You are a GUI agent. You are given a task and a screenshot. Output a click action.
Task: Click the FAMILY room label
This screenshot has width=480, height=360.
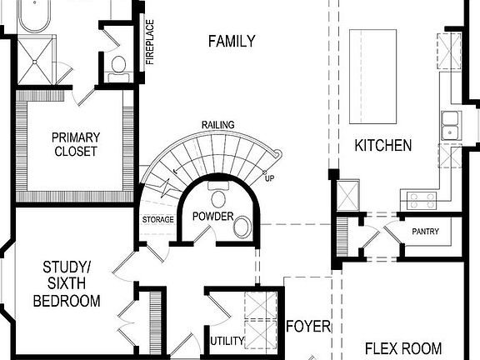(232, 42)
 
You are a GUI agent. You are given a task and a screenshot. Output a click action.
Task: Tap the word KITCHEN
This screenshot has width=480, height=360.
(383, 146)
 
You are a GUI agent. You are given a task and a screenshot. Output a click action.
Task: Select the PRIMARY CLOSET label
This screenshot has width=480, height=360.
(75, 144)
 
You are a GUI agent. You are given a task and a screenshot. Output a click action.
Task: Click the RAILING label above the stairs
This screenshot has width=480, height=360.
(217, 125)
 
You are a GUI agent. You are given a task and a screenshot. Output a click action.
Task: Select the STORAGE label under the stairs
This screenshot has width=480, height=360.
(158, 220)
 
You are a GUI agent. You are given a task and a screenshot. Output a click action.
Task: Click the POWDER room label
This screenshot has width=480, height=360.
(212, 217)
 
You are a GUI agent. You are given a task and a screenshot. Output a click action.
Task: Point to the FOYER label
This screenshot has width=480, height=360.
(308, 326)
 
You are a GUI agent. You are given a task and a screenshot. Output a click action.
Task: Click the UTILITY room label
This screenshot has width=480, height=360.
(226, 341)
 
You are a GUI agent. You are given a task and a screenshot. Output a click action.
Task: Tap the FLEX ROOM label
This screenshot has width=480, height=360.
(403, 348)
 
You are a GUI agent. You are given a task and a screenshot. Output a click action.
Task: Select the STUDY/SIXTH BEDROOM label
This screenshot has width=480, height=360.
(67, 283)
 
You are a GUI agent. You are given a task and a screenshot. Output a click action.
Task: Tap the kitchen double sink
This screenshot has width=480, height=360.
(451, 124)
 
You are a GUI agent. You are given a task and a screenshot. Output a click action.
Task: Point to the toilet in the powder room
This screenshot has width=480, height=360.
(219, 197)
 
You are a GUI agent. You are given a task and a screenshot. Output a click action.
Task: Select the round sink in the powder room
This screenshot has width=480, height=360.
(242, 227)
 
